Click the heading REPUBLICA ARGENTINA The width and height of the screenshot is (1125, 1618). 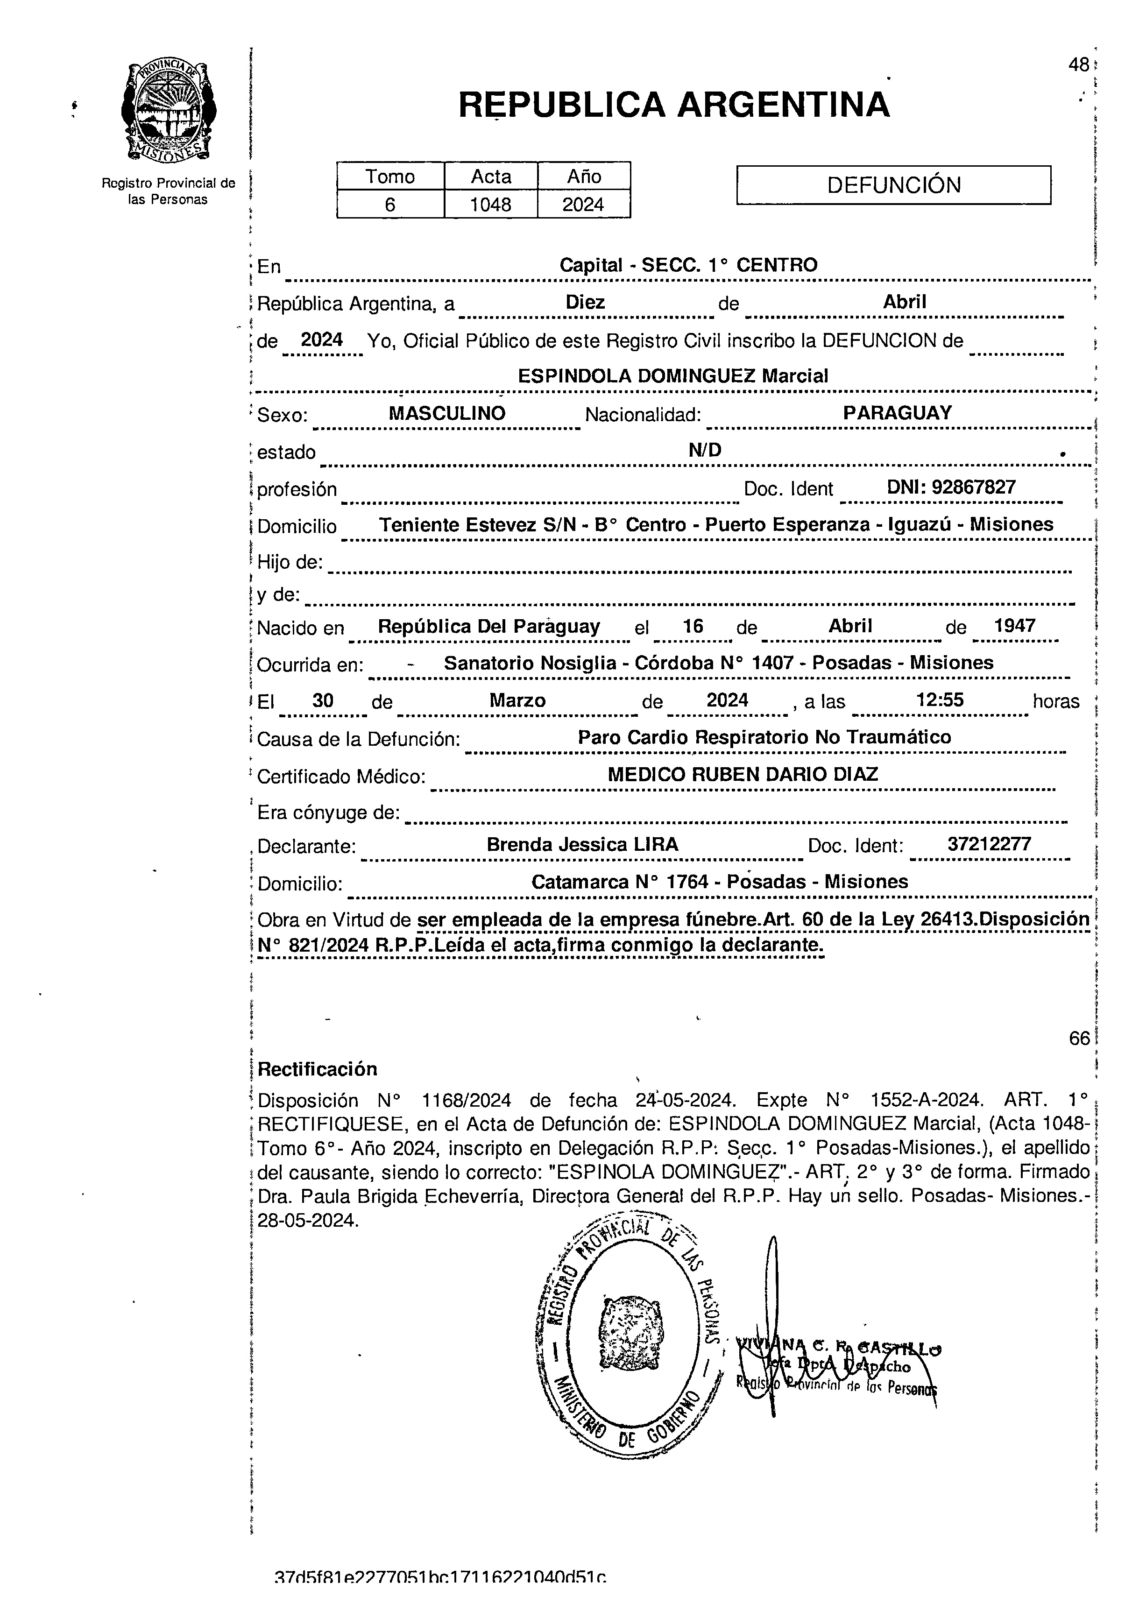[674, 105]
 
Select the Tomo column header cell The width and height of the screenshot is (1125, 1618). [390, 176]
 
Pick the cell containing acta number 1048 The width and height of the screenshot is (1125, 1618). [491, 205]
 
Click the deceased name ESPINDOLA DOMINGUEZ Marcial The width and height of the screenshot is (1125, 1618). [672, 375]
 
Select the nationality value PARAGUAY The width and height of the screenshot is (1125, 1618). [897, 413]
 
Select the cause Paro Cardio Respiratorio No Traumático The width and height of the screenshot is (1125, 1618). [764, 737]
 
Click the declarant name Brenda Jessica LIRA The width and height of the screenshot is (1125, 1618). [582, 844]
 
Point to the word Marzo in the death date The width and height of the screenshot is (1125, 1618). [517, 700]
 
